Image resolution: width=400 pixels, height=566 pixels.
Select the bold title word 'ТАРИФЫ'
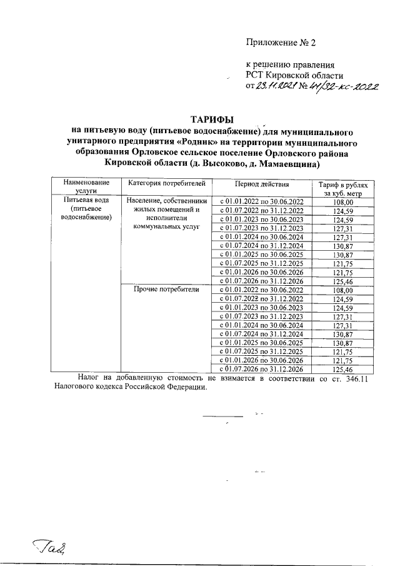tap(212, 119)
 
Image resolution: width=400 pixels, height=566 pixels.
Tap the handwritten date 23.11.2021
tap(275, 86)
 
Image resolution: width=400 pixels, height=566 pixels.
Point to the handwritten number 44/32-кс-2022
tap(341, 86)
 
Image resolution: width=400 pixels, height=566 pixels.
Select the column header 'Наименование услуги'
tap(84, 188)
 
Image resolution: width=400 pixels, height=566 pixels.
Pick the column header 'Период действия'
tap(261, 184)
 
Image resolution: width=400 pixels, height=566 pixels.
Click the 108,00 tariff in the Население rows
tap(343, 201)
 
